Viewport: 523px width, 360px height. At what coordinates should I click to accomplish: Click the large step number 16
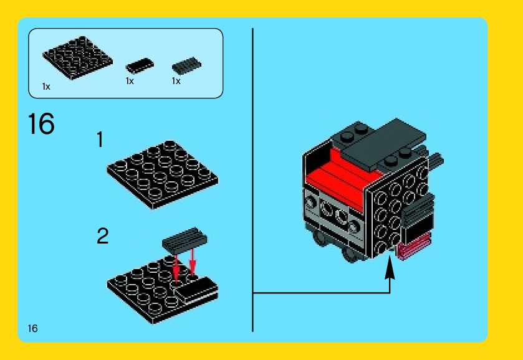tap(41, 123)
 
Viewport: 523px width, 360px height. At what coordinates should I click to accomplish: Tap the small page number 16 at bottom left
tap(32, 329)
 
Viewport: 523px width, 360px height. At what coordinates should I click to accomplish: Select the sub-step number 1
tap(100, 140)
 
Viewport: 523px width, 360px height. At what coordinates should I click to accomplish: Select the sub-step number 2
tap(103, 236)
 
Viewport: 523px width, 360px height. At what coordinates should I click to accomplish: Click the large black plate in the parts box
tap(77, 58)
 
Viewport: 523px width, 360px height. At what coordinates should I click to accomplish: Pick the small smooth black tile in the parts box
tap(140, 65)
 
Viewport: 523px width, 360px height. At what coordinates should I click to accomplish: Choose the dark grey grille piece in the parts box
tap(186, 65)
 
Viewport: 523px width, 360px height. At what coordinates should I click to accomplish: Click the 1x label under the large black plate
tap(46, 87)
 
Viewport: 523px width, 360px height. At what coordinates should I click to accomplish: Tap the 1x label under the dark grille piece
tap(176, 81)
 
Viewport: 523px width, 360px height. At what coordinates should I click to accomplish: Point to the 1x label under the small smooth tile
tap(130, 81)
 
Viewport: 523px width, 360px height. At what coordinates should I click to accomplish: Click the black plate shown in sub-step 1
tap(163, 174)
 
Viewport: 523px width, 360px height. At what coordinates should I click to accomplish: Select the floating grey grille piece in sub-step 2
tap(185, 239)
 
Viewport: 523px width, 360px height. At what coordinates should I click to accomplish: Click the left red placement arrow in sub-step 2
tap(176, 268)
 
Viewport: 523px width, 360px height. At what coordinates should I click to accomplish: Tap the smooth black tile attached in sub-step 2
tap(197, 291)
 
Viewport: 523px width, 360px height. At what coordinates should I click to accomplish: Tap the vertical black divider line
tap(253, 180)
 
